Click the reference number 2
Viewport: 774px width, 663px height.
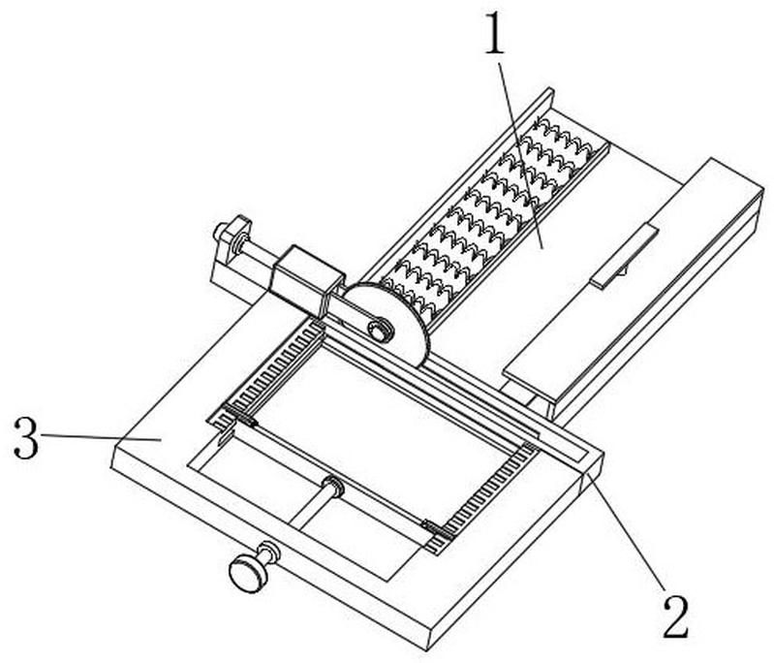(x=674, y=616)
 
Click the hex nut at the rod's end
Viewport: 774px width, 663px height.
(x=230, y=234)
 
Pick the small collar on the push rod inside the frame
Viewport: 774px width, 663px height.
(x=331, y=488)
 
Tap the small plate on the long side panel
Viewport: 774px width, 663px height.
(x=625, y=255)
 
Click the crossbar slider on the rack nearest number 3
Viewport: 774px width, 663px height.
(x=236, y=417)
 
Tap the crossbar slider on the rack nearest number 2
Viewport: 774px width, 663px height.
(x=435, y=528)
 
